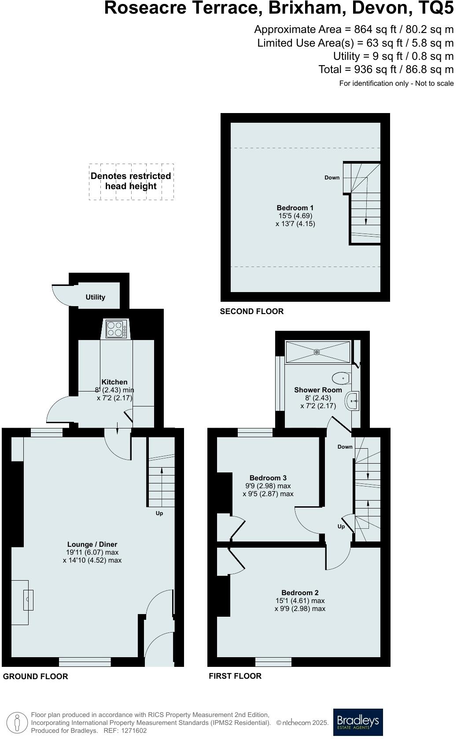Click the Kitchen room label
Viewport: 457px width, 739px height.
coord(114,382)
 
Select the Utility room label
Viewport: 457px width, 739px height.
coord(96,297)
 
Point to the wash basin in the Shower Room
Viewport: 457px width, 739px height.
coord(353,401)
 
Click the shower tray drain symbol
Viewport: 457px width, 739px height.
coord(317,352)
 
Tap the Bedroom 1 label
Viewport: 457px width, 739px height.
coord(295,208)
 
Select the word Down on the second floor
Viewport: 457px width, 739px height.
coord(332,178)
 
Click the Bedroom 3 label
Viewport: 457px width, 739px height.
coord(268,478)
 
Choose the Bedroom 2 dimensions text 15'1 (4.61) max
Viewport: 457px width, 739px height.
coord(300,601)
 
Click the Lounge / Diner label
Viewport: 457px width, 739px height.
coord(92,545)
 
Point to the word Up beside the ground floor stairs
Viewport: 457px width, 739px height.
coord(159,513)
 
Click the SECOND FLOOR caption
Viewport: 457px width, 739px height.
coord(252,311)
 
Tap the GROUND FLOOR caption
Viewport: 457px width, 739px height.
coord(36,677)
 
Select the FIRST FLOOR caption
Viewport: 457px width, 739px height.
coord(235,676)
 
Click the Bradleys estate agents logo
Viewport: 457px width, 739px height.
coord(358,722)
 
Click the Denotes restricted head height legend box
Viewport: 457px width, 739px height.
coord(131,181)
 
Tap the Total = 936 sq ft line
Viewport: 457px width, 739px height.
coord(386,70)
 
